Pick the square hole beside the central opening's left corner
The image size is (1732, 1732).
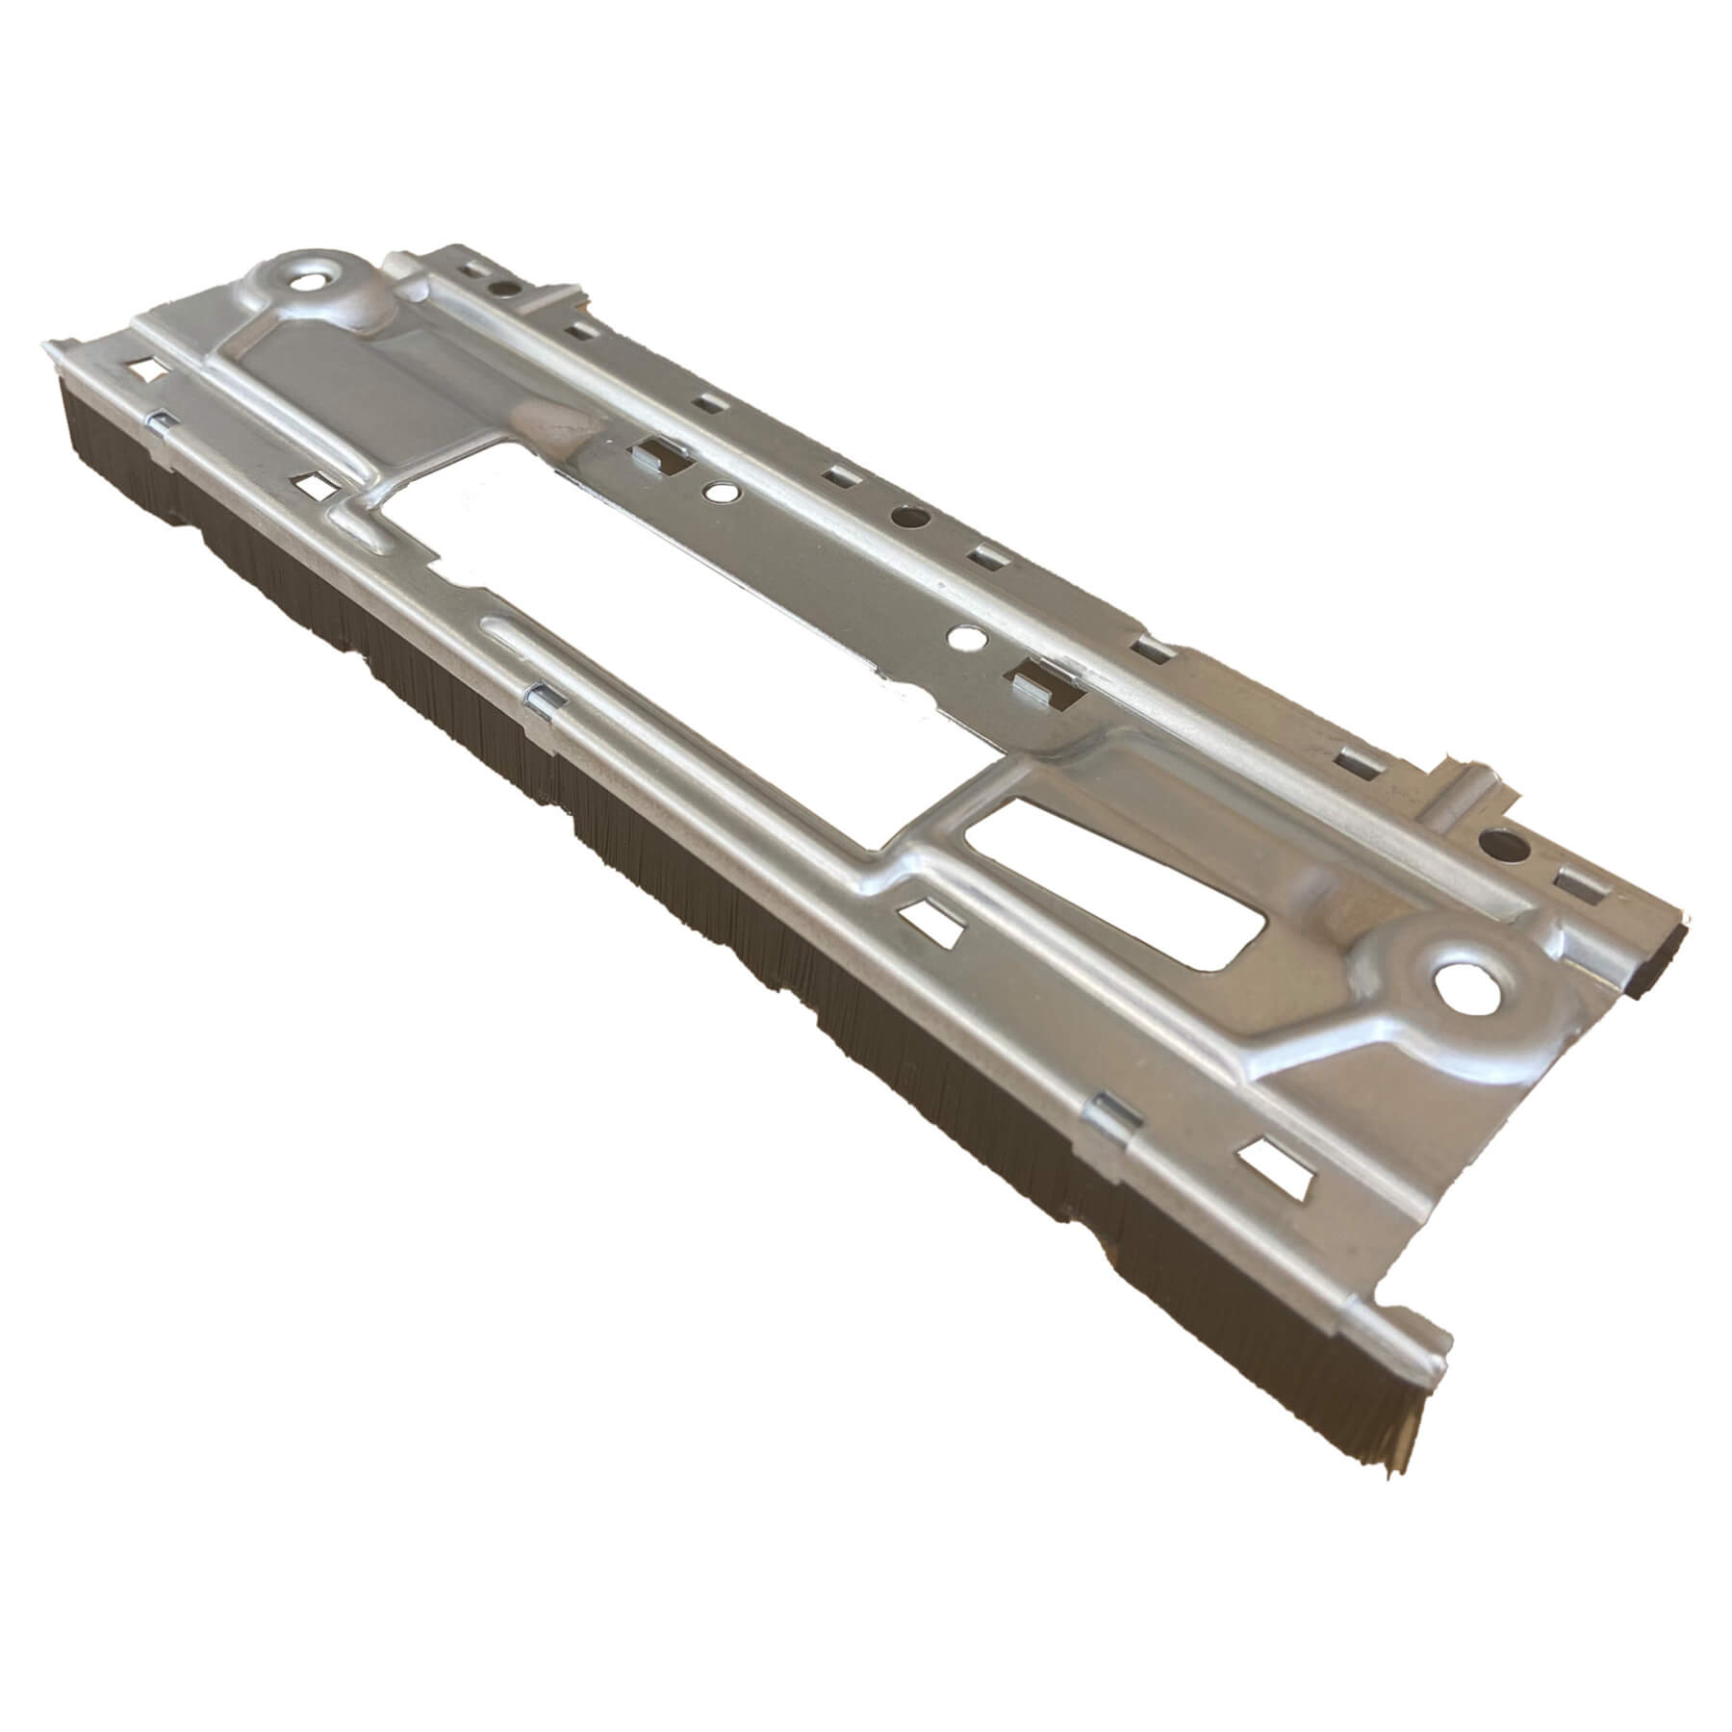[x=321, y=486]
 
